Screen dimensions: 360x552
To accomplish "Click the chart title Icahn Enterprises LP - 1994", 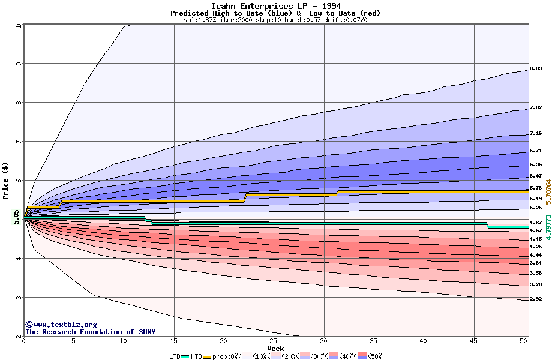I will coord(275,6).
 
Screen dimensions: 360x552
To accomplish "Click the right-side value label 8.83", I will coord(536,70).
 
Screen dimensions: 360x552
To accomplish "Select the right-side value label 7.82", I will coord(536,108).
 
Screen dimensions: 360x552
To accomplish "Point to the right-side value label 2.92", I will coord(536,299).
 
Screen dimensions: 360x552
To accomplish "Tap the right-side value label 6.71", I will coord(536,151).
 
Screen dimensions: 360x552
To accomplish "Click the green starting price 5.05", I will coord(17,217).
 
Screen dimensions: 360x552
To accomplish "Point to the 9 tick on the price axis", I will coord(18,64).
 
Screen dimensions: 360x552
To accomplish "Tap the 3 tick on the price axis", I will coord(18,298).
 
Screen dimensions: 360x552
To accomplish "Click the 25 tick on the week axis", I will coord(274,341).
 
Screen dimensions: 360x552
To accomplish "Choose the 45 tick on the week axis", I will coord(473,341).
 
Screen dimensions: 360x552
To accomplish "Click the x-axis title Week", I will coord(275,349).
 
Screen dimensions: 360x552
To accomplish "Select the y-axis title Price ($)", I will coord(6,180).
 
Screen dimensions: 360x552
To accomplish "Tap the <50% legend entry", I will coord(373,356).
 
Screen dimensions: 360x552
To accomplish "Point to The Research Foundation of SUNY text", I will coord(90,332).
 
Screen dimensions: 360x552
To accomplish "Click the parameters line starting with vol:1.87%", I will coord(275,20).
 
